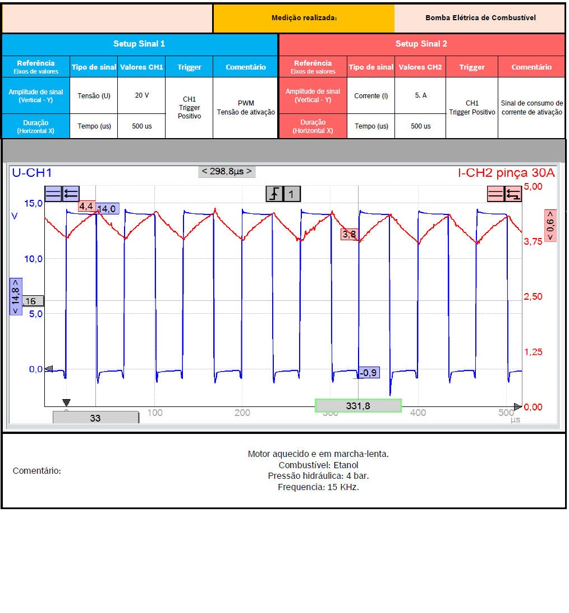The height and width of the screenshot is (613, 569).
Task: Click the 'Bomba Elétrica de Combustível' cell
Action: pyautogui.click(x=480, y=18)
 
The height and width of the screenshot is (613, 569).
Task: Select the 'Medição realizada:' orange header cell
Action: pyautogui.click(x=304, y=18)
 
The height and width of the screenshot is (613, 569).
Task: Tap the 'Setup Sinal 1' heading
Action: pyautogui.click(x=139, y=44)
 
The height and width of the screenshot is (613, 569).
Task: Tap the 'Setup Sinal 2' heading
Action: pyautogui.click(x=421, y=44)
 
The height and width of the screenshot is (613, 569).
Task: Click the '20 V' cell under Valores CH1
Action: pyautogui.click(x=142, y=95)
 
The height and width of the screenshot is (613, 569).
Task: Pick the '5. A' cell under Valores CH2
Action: pyautogui.click(x=420, y=95)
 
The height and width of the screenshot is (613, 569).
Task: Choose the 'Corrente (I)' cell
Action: pyautogui.click(x=371, y=96)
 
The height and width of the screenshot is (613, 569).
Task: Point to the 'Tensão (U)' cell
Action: pyautogui.click(x=94, y=95)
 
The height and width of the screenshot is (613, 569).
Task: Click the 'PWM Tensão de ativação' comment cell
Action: pyautogui.click(x=246, y=108)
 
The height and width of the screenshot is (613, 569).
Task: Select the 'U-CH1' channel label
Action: pyautogui.click(x=32, y=173)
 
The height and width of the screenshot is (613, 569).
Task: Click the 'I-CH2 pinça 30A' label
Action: pyautogui.click(x=506, y=173)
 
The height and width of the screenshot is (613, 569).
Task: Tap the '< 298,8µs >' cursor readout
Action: pyautogui.click(x=227, y=171)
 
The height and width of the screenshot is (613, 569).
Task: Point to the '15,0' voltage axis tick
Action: pyautogui.click(x=33, y=203)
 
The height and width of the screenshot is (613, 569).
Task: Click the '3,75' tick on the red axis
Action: pyautogui.click(x=533, y=241)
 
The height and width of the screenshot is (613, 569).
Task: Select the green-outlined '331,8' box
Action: pyautogui.click(x=358, y=406)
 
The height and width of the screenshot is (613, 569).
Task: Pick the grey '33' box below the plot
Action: pyautogui.click(x=95, y=418)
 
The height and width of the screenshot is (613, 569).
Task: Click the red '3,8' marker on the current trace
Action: pyautogui.click(x=349, y=235)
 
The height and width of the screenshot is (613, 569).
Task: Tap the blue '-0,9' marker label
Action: pyautogui.click(x=369, y=373)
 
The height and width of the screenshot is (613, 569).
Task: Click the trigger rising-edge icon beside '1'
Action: pyautogui.click(x=274, y=194)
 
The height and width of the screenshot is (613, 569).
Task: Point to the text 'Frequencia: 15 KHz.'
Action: pyautogui.click(x=318, y=487)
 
